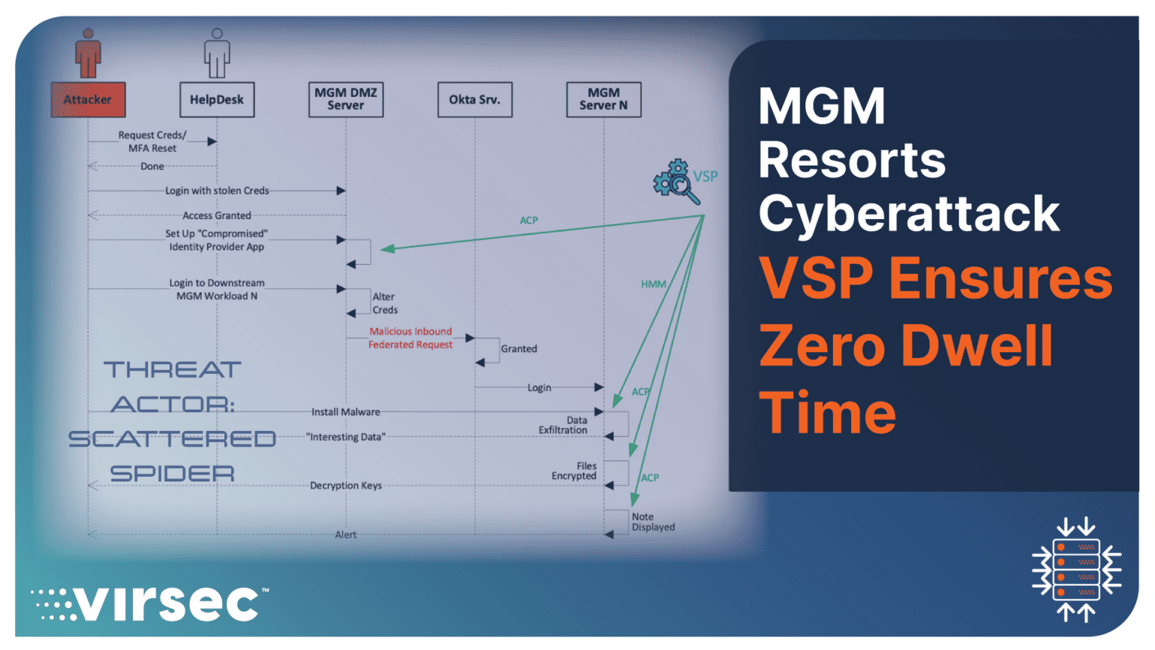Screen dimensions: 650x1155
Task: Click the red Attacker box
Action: (x=88, y=99)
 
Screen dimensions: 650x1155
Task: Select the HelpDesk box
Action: (x=217, y=99)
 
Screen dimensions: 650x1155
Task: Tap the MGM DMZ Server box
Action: (x=346, y=99)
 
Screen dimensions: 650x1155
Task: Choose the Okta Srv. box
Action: (x=474, y=99)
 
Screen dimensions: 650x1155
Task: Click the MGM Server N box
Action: (x=604, y=99)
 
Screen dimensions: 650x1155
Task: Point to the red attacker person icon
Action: (x=88, y=53)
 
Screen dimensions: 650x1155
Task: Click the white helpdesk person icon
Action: (x=217, y=53)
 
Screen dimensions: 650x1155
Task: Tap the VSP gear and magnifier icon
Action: (x=676, y=181)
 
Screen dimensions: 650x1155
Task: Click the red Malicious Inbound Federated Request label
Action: (x=411, y=338)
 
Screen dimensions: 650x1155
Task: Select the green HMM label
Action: (x=653, y=284)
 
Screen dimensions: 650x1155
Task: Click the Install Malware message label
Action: (x=346, y=412)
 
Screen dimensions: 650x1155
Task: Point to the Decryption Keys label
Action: (x=346, y=486)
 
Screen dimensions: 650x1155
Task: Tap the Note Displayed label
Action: (x=653, y=522)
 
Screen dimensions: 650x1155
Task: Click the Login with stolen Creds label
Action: (x=217, y=191)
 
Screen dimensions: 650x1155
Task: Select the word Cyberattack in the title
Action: (x=909, y=214)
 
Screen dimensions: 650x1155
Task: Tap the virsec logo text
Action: (x=168, y=603)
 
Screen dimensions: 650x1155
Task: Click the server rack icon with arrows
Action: (x=1077, y=570)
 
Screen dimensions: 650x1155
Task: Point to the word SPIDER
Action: (x=172, y=474)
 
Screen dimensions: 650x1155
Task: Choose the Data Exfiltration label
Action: (x=563, y=426)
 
